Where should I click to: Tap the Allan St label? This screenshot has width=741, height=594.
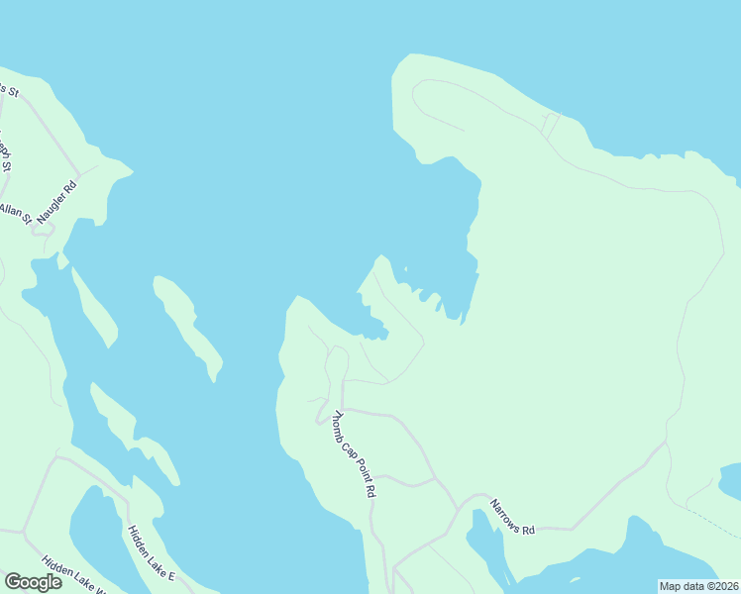16,214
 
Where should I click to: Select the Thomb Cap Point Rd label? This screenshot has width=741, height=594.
355,453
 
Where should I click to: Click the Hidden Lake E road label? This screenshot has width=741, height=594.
151,553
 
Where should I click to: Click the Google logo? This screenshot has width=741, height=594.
33,582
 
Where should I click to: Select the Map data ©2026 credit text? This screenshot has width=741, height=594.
697,586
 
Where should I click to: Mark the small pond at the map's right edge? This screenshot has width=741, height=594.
731,480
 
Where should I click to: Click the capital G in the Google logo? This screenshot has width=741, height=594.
13,581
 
